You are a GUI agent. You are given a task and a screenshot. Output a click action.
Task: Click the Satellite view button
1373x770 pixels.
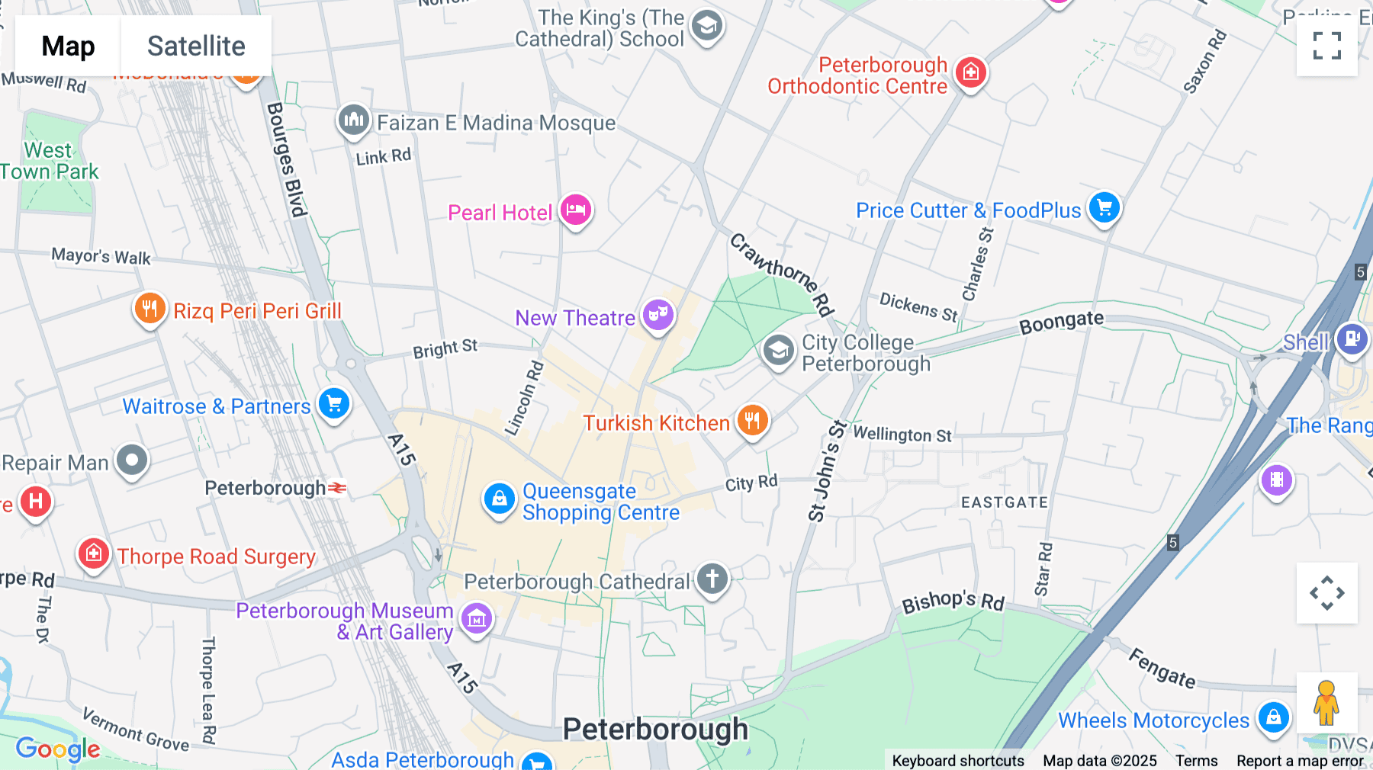(196, 46)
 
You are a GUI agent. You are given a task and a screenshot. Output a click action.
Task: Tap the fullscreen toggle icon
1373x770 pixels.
(1326, 46)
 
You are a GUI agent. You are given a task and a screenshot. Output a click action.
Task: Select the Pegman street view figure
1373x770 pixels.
(1326, 702)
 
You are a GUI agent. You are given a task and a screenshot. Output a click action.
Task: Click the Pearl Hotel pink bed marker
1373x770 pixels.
(576, 210)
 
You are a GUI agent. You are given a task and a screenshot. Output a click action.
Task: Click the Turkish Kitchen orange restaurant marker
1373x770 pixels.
(752, 420)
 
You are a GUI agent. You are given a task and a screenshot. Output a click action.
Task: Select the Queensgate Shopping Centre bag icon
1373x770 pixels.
(499, 499)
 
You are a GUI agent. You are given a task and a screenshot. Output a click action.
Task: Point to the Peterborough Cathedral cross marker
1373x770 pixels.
(712, 579)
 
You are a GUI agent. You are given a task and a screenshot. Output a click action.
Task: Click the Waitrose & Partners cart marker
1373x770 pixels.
(334, 404)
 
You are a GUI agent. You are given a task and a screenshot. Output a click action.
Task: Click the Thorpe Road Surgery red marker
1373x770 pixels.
(94, 554)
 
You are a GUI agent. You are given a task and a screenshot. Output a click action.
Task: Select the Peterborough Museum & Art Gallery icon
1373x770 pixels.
(477, 619)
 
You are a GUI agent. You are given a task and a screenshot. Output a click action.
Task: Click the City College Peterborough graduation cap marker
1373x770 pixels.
(778, 351)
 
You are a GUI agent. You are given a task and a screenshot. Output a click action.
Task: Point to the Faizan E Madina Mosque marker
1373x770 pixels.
(354, 120)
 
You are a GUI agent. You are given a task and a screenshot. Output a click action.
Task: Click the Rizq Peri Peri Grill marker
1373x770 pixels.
(150, 309)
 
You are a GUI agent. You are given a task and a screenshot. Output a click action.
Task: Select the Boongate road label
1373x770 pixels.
(1061, 322)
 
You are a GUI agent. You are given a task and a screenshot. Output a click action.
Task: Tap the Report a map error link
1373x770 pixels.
(1300, 761)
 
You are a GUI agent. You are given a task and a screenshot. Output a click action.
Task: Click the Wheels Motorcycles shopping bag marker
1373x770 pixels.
(1273, 717)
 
